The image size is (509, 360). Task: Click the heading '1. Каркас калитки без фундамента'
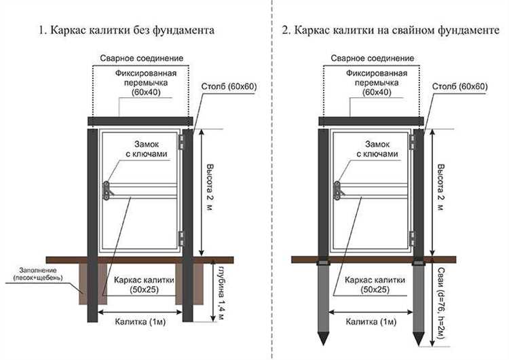(x=127, y=30)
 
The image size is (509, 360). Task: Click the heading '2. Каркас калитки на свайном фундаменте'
(x=390, y=30)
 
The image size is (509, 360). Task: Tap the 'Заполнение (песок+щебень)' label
(x=38, y=274)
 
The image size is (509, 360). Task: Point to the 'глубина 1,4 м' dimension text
(x=221, y=293)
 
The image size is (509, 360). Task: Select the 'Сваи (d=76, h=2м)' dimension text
(x=440, y=304)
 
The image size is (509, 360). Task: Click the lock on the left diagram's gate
(x=107, y=191)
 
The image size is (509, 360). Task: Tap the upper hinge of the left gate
(x=181, y=143)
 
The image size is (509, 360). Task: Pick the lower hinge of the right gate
(x=412, y=239)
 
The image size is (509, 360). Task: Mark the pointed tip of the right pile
(x=419, y=345)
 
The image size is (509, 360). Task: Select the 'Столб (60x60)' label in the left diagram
(x=229, y=87)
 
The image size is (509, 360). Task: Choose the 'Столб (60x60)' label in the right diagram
(x=460, y=87)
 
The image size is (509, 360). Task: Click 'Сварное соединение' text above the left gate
(x=142, y=58)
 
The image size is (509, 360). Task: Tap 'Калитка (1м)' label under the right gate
(x=371, y=322)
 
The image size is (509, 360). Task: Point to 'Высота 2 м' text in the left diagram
(x=210, y=187)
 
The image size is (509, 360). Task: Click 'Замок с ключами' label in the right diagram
(x=377, y=149)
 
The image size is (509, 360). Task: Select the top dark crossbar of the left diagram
(x=140, y=122)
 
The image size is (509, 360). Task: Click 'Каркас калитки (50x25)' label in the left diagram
(x=144, y=285)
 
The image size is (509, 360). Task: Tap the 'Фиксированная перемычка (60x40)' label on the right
(x=377, y=83)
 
